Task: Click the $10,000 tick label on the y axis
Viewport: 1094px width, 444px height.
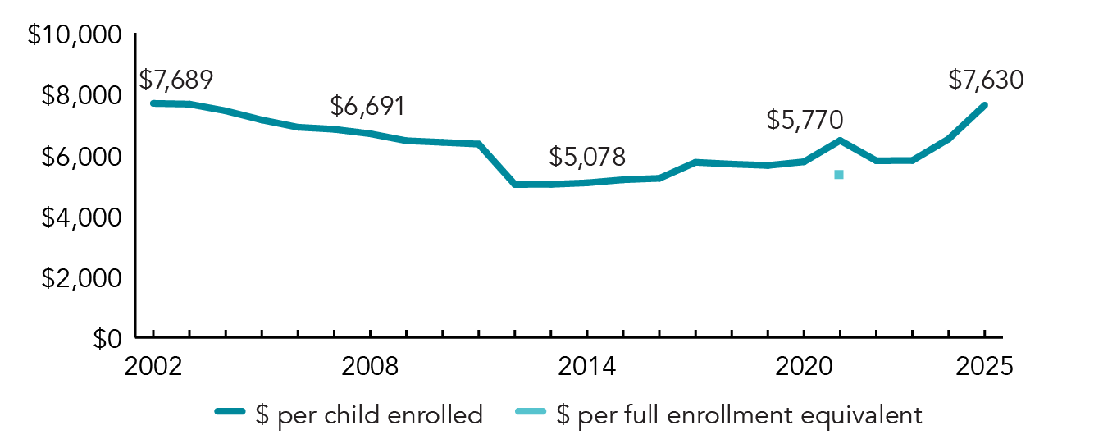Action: click(74, 37)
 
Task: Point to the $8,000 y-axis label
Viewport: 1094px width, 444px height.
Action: click(80, 97)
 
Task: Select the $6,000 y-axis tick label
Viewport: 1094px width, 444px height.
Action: click(80, 157)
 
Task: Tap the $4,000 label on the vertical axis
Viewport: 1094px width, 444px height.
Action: click(80, 217)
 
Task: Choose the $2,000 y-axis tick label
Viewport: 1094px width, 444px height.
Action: click(80, 278)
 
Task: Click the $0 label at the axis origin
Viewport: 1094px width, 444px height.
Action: click(105, 338)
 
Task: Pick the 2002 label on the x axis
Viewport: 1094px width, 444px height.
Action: click(153, 366)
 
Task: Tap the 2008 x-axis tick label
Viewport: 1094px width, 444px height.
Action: click(370, 366)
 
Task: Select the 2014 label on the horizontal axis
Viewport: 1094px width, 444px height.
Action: click(586, 366)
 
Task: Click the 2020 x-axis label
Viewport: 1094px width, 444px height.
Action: click(803, 366)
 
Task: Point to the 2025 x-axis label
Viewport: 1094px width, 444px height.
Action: click(983, 366)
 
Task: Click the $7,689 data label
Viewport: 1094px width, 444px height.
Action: click(175, 80)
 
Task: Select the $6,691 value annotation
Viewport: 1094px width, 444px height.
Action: click(367, 106)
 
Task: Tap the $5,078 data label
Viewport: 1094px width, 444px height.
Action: click(587, 156)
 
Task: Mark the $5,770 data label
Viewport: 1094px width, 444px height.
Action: click(805, 121)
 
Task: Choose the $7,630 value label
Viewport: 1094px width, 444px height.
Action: click(986, 80)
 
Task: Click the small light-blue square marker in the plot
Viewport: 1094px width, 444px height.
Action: click(839, 174)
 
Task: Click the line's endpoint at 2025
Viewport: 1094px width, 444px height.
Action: click(983, 105)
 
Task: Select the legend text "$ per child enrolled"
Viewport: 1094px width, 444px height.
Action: click(369, 415)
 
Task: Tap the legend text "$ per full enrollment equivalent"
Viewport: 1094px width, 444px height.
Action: click(739, 415)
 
